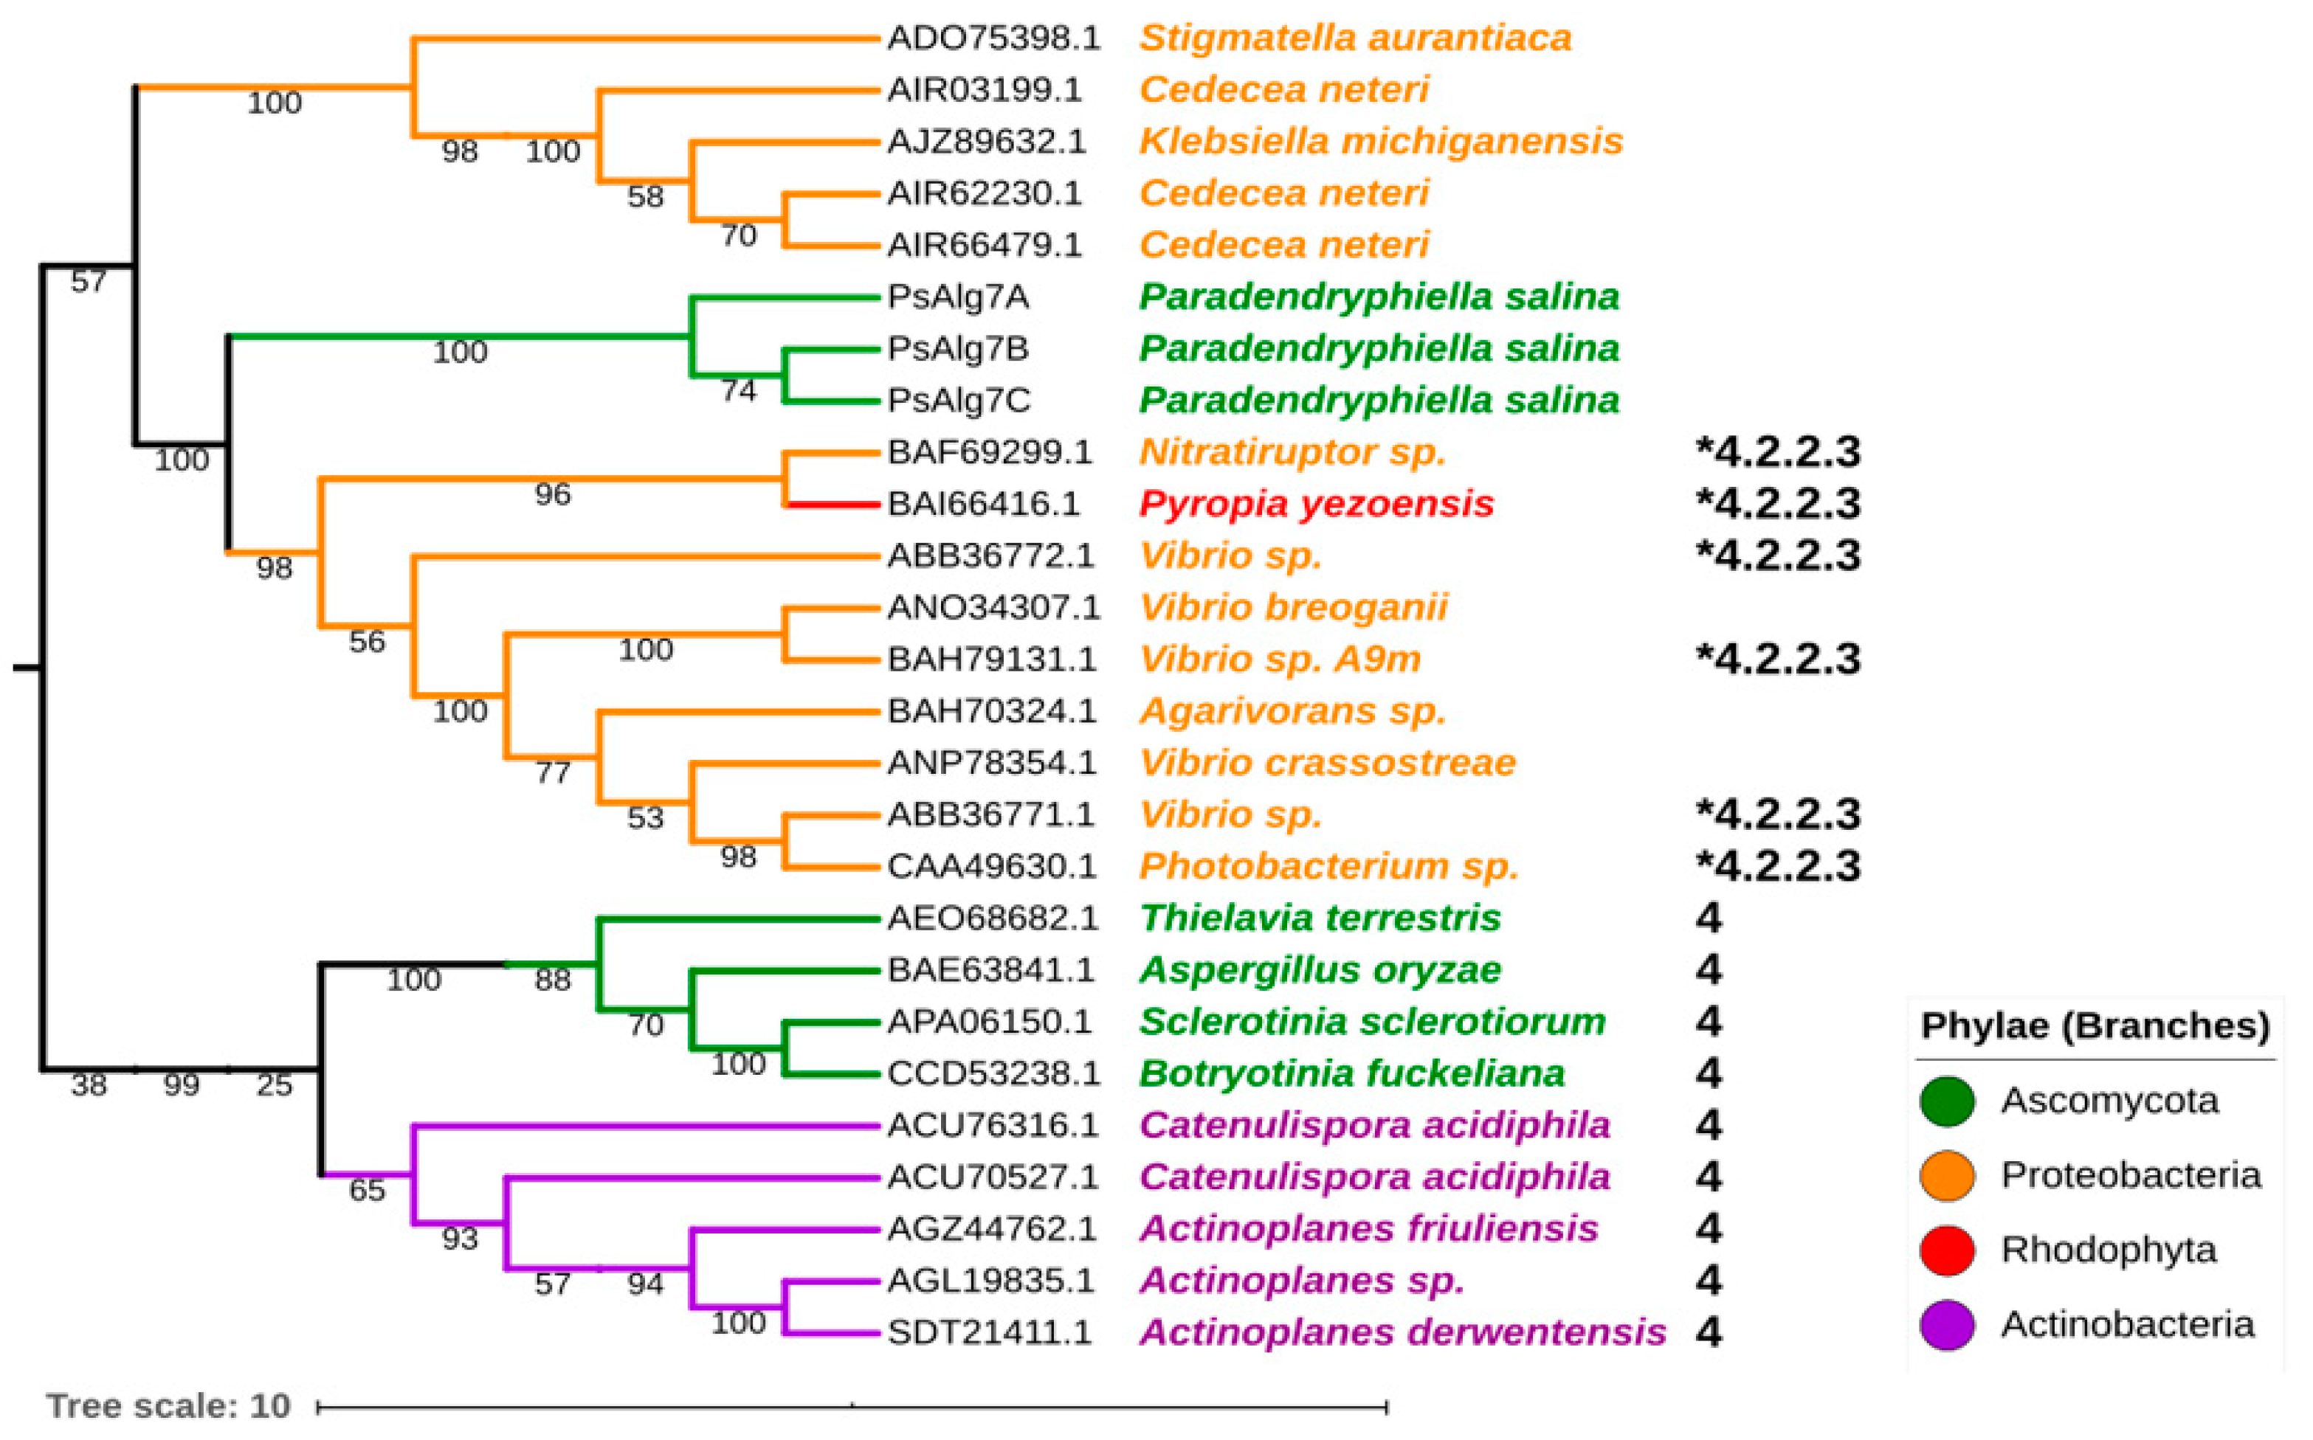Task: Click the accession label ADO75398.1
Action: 993,38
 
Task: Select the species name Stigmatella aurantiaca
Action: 1354,38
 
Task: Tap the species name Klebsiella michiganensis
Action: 1380,141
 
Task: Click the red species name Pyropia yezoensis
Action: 1316,504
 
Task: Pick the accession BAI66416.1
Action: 983,504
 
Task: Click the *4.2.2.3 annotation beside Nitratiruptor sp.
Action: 1778,452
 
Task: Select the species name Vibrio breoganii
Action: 1293,608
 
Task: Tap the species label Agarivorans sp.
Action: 1292,711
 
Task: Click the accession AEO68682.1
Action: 993,918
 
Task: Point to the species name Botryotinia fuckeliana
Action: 1351,1073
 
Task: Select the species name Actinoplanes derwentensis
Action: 1402,1332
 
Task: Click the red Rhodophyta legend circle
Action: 1947,1250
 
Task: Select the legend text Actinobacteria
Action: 2127,1325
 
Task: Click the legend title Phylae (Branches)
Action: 2095,1025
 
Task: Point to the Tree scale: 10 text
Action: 168,1406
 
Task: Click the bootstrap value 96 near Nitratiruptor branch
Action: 553,494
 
